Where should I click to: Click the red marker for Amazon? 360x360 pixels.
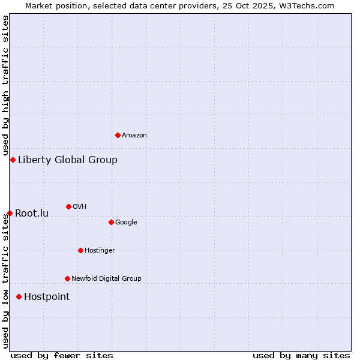click(x=118, y=135)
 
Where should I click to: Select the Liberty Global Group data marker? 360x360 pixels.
click(x=13, y=160)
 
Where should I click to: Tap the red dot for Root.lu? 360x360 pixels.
click(x=10, y=213)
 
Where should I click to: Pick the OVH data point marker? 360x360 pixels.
click(x=68, y=206)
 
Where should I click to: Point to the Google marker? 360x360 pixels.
click(x=111, y=222)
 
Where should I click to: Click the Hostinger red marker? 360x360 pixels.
click(x=80, y=250)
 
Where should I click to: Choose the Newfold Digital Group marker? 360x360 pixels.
click(x=67, y=278)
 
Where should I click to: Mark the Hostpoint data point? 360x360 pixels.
click(x=19, y=296)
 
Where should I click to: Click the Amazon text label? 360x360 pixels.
click(x=134, y=136)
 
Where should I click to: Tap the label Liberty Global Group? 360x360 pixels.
click(x=68, y=160)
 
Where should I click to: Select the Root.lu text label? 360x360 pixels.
click(x=32, y=214)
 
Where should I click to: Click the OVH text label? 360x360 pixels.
click(x=80, y=207)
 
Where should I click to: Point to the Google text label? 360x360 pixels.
click(x=126, y=223)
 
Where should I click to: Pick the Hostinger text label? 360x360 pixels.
click(x=100, y=251)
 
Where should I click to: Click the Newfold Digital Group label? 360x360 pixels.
click(x=106, y=279)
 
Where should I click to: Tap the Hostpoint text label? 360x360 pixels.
click(x=47, y=297)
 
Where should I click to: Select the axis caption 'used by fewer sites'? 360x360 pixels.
click(x=62, y=355)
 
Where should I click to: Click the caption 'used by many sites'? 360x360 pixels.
click(x=301, y=355)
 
